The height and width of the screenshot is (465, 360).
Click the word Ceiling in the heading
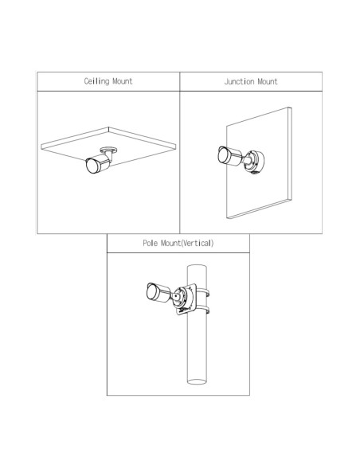(x=96, y=81)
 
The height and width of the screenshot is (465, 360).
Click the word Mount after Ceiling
(x=123, y=81)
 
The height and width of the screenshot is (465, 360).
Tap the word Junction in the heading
(x=239, y=81)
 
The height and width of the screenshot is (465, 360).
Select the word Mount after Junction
(x=268, y=81)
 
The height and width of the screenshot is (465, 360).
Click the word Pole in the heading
(x=150, y=243)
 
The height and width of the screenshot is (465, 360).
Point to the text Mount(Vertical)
(x=187, y=243)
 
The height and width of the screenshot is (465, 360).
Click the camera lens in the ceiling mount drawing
(x=92, y=166)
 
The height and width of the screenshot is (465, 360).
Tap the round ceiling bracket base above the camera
(x=108, y=150)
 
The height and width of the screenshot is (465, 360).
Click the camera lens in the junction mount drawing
(x=223, y=154)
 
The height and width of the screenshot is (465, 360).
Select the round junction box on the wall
(x=254, y=162)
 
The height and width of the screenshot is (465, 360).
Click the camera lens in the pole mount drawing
(x=152, y=291)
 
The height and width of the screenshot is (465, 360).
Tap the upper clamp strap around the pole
(x=203, y=291)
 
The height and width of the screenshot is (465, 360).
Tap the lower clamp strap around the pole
(x=203, y=309)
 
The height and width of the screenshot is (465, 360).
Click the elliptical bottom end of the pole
(x=197, y=381)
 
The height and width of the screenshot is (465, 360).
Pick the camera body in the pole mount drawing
(x=159, y=293)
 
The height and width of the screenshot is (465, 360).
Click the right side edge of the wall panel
(x=290, y=154)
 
